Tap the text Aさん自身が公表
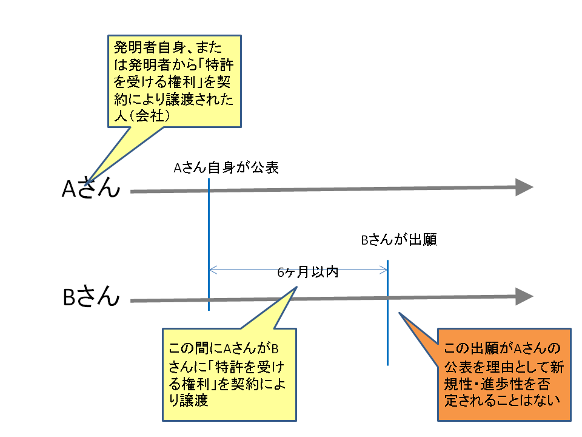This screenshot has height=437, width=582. pos(226,168)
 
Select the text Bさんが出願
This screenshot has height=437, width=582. pos(399,240)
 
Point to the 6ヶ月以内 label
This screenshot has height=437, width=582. pos(308,272)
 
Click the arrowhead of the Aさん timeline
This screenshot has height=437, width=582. pos(524,187)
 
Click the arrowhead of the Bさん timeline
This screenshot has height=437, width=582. pos(524,297)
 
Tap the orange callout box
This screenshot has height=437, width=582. pos(504,374)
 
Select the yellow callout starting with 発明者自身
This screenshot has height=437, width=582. pos(175,81)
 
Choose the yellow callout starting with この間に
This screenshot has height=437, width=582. pos(229,374)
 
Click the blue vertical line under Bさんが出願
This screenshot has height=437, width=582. pos(387,313)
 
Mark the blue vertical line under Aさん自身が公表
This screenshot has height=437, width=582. pos(209,244)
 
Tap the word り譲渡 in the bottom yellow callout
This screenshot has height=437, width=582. pos(188,400)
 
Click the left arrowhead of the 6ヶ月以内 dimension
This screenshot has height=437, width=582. pos(213,270)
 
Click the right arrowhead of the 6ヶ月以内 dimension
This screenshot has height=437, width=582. pos(383,270)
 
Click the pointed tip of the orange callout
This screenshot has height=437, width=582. pos(400,313)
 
